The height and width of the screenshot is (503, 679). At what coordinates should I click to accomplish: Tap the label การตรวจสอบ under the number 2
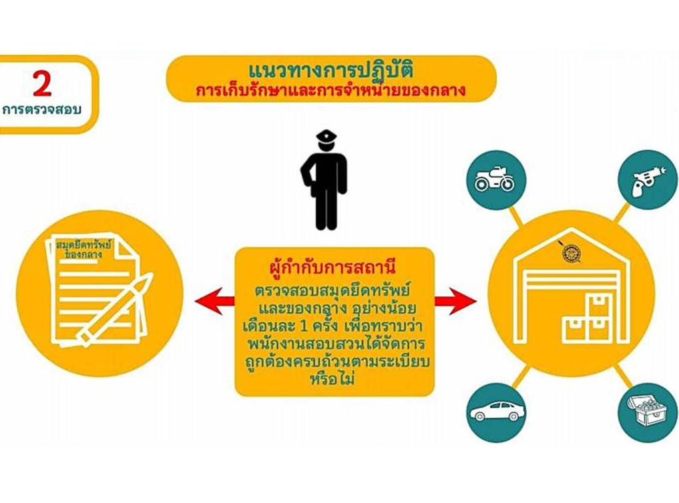tap(42, 109)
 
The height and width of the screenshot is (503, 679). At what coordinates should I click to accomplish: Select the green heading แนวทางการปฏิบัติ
tap(331, 69)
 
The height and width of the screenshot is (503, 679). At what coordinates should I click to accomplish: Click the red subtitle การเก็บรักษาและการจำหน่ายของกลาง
tap(331, 90)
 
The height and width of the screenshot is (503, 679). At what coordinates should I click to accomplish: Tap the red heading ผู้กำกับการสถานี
tap(332, 267)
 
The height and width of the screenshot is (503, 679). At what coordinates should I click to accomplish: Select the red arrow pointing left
tap(214, 301)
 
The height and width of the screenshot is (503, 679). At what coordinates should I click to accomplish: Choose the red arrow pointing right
tap(455, 301)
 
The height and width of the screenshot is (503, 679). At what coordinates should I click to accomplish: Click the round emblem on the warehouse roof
tap(570, 254)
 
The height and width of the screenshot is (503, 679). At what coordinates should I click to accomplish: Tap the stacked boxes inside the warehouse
tap(588, 318)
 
